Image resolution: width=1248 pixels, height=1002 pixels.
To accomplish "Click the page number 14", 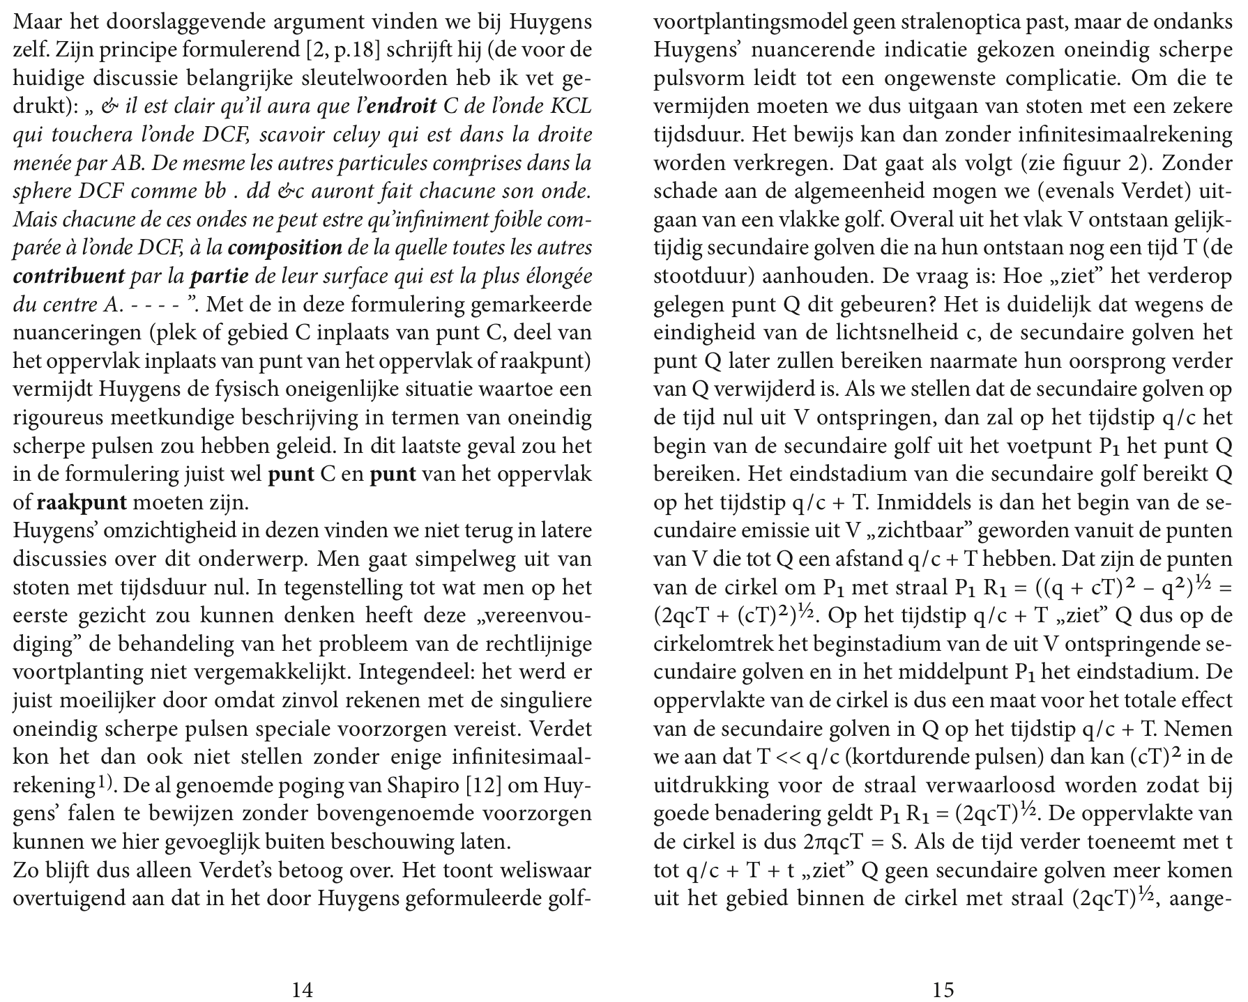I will (302, 989).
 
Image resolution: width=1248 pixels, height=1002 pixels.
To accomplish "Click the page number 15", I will (943, 989).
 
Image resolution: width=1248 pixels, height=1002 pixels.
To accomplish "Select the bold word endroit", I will (401, 107).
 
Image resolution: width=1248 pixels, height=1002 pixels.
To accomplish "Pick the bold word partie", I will (219, 277).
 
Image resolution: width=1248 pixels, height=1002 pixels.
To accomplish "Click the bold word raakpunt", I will (82, 502).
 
